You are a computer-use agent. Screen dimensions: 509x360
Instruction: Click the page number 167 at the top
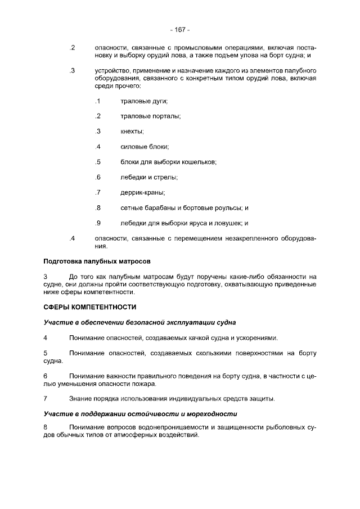(180, 29)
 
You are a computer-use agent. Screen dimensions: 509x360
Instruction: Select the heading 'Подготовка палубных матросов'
(97, 262)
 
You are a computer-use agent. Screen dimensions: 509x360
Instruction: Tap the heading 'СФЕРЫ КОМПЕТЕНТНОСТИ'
(90, 307)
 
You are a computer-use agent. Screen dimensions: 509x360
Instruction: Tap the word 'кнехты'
(132, 132)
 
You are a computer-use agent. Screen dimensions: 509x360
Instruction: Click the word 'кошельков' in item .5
(199, 162)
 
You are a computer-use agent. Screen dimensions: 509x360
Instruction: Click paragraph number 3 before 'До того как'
(46, 277)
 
